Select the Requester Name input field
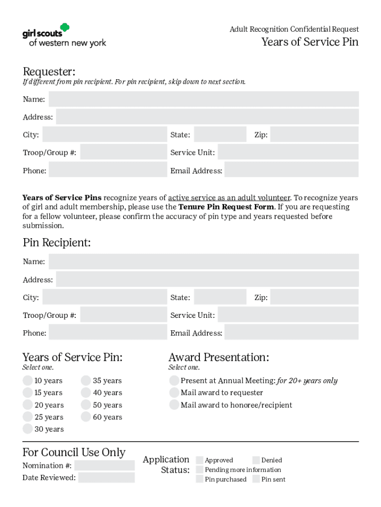(203, 99)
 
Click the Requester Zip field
(314, 135)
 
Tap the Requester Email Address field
(291, 170)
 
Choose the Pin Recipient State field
(220, 297)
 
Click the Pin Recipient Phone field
(108, 333)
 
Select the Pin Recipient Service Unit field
(288, 315)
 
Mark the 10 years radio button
(28, 381)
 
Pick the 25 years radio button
(28, 417)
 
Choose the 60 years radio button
(86, 417)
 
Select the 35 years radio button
(86, 381)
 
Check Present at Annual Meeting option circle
(174, 381)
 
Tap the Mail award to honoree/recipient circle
(174, 405)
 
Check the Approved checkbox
(200, 460)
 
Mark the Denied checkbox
(256, 460)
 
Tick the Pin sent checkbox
(256, 479)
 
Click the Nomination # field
(104, 465)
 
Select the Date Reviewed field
(106, 477)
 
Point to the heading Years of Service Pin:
(72, 357)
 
